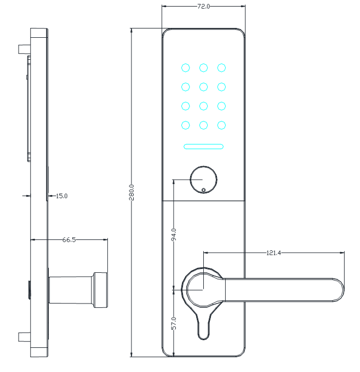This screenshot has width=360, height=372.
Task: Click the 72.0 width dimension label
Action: [x=203, y=7]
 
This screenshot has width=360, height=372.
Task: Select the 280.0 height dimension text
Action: [x=132, y=192]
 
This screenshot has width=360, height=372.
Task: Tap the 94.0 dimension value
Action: [x=174, y=234]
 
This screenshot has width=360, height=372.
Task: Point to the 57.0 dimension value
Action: [x=174, y=323]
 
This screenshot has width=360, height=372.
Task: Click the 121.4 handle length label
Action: [x=273, y=253]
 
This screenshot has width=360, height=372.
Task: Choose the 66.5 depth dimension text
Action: [x=69, y=240]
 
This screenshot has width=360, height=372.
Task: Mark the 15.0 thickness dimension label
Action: [x=62, y=196]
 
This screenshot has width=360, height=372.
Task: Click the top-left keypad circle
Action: [x=186, y=68]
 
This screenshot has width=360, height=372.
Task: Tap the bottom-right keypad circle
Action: [x=221, y=125]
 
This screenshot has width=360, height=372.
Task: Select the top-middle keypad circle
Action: [x=203, y=68]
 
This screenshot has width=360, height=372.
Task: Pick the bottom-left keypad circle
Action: [x=186, y=125]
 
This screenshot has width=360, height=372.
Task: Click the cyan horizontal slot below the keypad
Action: [x=203, y=147]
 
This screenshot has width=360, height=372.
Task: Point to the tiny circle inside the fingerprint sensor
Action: [x=203, y=190]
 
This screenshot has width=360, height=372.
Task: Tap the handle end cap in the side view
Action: [x=101, y=290]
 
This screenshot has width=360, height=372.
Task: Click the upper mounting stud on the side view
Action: [x=24, y=49]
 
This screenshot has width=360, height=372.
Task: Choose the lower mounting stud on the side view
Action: [x=24, y=337]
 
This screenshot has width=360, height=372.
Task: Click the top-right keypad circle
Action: [x=221, y=68]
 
